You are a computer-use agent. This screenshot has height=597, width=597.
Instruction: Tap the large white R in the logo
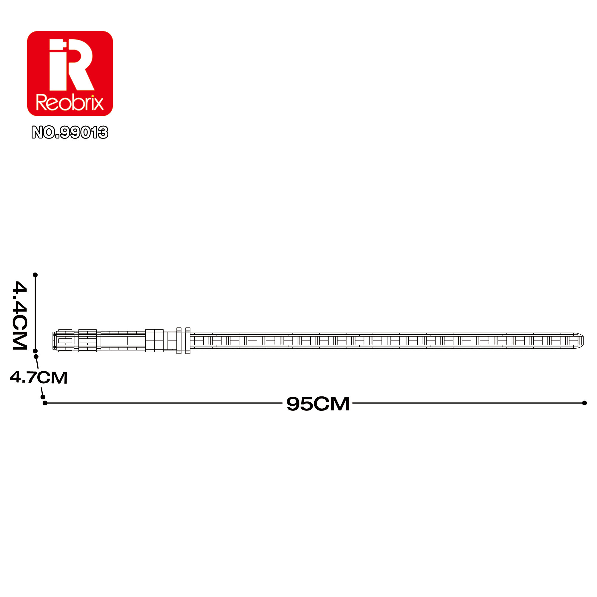(x=80, y=64)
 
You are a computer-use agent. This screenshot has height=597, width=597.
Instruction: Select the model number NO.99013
(x=70, y=132)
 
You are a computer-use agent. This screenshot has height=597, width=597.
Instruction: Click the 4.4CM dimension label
(x=20, y=315)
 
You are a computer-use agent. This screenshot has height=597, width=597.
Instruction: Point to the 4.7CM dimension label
(x=39, y=377)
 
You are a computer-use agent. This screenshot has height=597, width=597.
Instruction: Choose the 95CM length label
(x=318, y=404)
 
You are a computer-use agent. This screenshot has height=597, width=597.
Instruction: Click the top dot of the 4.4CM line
(x=35, y=275)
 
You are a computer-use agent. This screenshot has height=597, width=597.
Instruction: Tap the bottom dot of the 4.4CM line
(x=35, y=351)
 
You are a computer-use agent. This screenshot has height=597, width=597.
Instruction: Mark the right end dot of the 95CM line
(x=584, y=403)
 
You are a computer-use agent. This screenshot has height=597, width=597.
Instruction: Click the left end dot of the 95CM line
(x=45, y=403)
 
